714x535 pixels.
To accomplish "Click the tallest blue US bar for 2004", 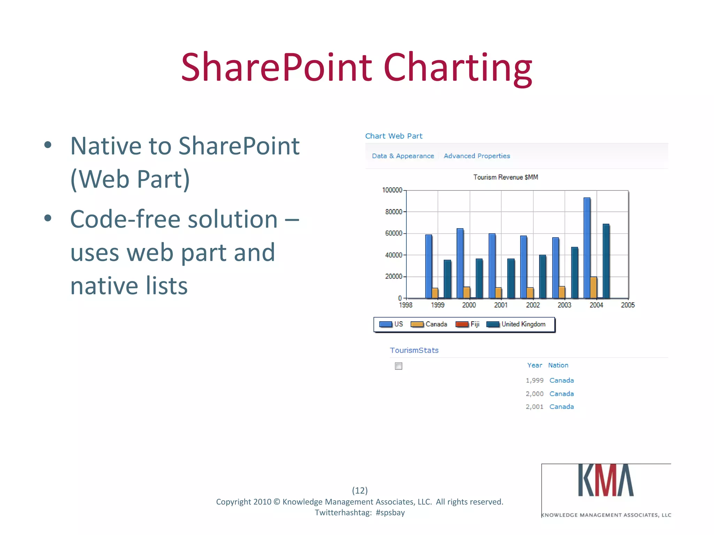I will tap(587, 247).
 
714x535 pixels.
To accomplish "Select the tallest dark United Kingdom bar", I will tap(606, 261).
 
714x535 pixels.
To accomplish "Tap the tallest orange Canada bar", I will tap(593, 287).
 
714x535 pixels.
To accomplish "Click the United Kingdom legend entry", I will tap(516, 324).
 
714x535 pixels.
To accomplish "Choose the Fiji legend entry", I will tap(468, 324).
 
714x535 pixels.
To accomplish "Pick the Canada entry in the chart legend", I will tap(429, 324).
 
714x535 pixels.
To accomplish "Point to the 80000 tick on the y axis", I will tap(394, 212).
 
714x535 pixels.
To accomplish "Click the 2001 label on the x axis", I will tap(501, 305).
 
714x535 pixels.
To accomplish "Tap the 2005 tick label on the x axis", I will tap(628, 305).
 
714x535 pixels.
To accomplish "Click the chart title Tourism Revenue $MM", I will tap(506, 177).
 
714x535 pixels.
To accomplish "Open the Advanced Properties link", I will tap(477, 156).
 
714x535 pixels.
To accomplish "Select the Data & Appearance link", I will tap(403, 156).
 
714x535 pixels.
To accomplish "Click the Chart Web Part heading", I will tap(394, 136).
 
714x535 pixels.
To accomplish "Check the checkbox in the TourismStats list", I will tap(398, 366).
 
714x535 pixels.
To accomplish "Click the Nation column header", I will tap(558, 365).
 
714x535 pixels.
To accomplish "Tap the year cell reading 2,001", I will tap(534, 407).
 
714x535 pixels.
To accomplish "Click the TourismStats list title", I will tap(414, 350).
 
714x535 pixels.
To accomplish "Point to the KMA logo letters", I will tap(606, 481).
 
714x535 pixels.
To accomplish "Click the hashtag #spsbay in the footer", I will tap(390, 513).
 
